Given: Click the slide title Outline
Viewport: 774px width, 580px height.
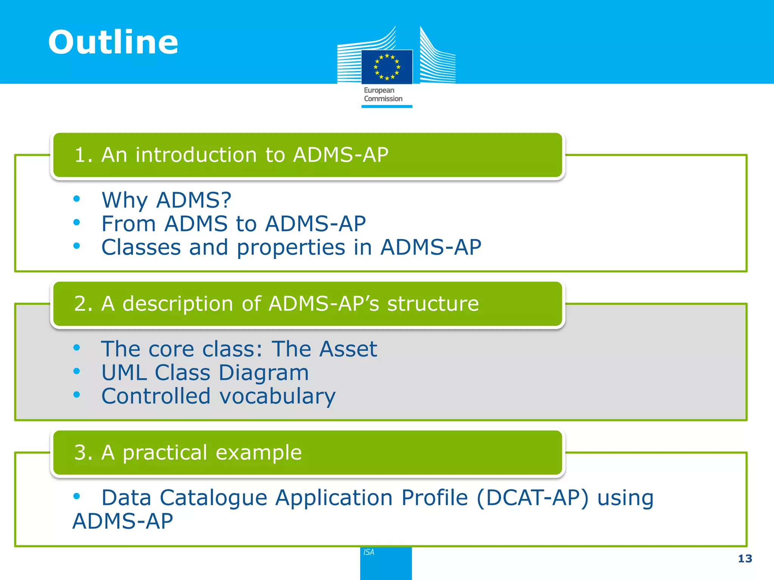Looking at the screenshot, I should pos(113,42).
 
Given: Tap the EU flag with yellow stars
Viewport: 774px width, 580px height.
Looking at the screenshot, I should pos(387,67).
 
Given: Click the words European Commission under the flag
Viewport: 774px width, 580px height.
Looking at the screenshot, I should pos(383,94).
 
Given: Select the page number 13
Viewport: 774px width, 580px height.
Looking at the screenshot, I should pos(745,558).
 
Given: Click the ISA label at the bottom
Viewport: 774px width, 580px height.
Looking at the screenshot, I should pos(369,552).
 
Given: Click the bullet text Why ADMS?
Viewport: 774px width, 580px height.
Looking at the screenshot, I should pos(166,200).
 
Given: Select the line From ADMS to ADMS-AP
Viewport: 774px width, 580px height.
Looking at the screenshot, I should pos(234,224).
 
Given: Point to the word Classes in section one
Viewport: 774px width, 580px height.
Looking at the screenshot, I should pos(141,247).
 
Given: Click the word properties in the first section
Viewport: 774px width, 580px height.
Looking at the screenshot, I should pos(291,248).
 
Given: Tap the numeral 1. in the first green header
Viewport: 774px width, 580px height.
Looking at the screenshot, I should pos(83,155).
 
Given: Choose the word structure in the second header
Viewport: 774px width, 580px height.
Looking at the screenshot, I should pos(433,304).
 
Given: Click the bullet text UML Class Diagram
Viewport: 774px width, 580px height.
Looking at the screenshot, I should pos(205,373).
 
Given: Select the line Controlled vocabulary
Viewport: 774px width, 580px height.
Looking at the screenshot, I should pos(218,396).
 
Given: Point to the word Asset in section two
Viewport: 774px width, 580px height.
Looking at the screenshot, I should pos(348,349).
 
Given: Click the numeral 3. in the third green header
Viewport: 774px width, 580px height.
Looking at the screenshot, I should pos(83,452).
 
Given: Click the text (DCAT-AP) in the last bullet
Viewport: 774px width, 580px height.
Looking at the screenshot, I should pos(533,498).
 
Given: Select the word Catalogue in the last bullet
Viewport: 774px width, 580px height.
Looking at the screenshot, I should pos(214,498).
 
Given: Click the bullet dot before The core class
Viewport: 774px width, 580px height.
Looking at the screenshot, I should pos(77,347).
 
